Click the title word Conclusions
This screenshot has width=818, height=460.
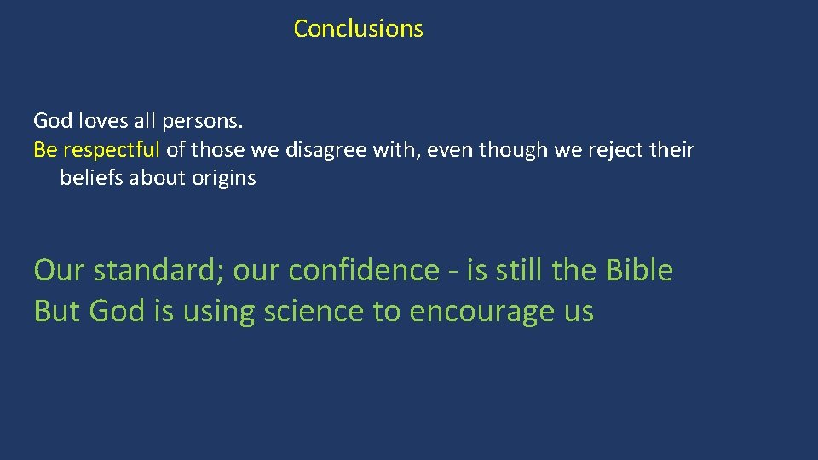tap(358, 28)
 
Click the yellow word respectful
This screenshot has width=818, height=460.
tap(111, 151)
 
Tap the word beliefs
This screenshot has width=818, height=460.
tap(92, 179)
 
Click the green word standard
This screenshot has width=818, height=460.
tap(158, 270)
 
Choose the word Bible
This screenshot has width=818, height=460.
tap(639, 270)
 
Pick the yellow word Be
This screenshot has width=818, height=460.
tap(44, 151)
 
